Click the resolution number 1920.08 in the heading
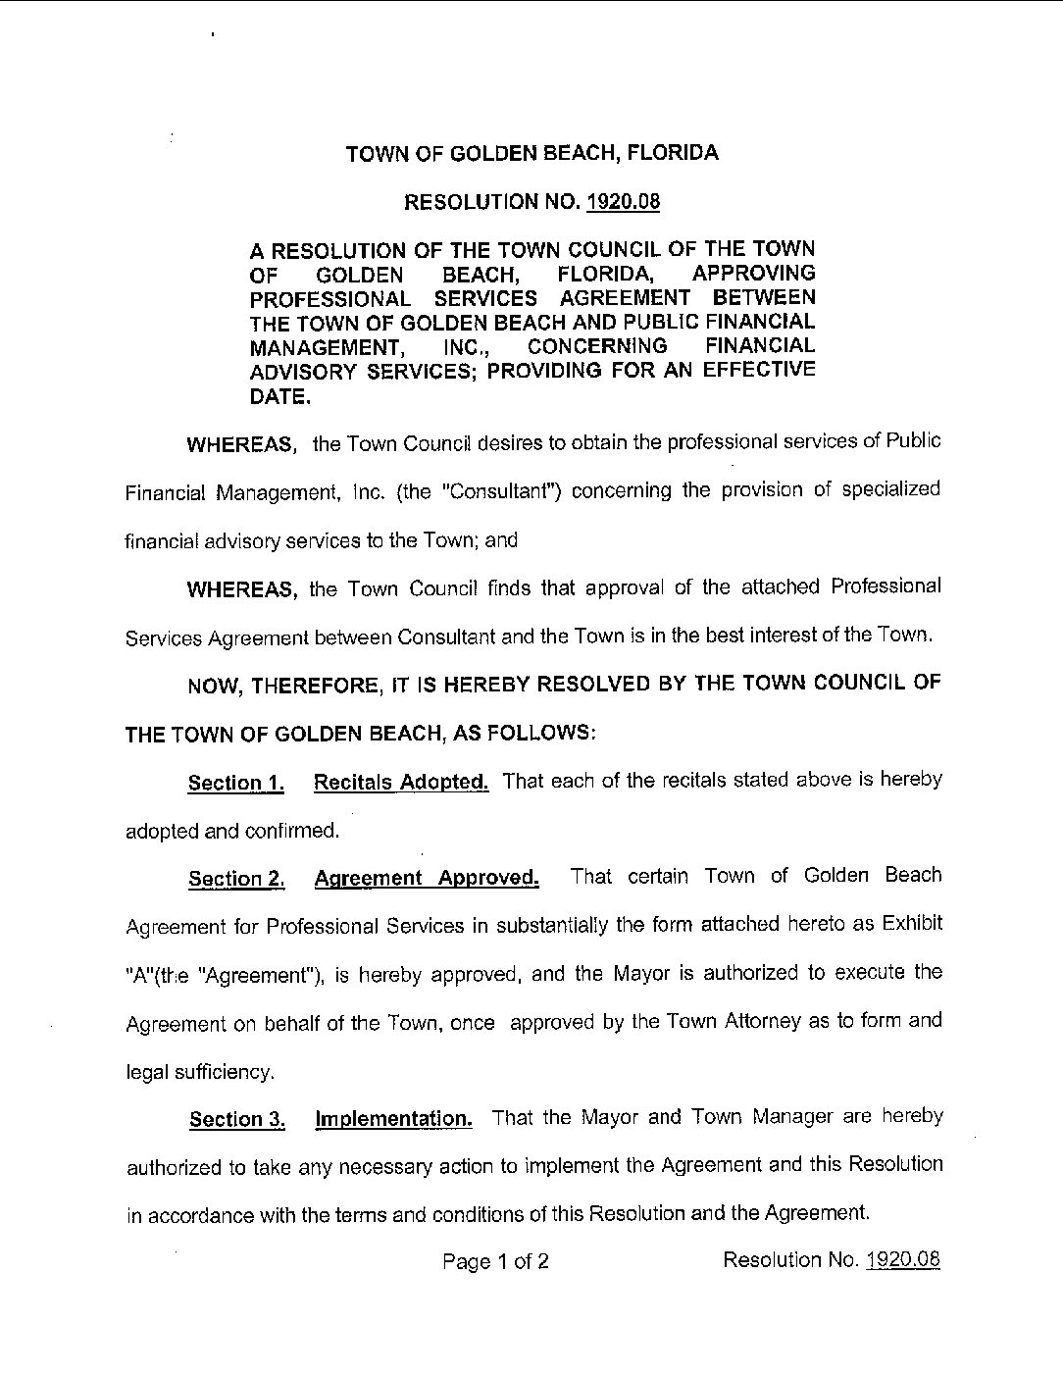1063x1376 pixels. pyautogui.click(x=623, y=202)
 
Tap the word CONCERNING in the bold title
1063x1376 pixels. pyautogui.click(x=597, y=346)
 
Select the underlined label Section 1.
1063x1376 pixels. pyautogui.click(x=236, y=783)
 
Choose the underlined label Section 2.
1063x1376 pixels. pyautogui.click(x=236, y=879)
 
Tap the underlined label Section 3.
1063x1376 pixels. pyautogui.click(x=236, y=1119)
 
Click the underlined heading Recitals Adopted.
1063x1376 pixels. pyautogui.click(x=401, y=782)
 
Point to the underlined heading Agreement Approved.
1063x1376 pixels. pyautogui.click(x=427, y=878)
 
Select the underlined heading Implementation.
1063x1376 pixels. pyautogui.click(x=394, y=1118)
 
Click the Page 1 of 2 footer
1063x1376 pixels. pyautogui.click(x=495, y=1261)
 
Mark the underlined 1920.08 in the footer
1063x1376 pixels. pyautogui.click(x=903, y=1259)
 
